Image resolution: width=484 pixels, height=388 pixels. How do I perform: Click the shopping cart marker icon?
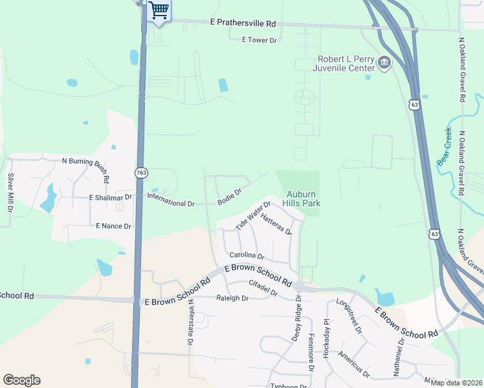(x=159, y=10)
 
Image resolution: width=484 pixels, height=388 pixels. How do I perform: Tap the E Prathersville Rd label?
(x=243, y=23)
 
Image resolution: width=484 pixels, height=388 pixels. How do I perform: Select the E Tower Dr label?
(x=259, y=40)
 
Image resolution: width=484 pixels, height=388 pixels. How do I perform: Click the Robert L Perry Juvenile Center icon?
(x=384, y=63)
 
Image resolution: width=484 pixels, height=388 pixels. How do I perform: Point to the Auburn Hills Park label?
(x=304, y=198)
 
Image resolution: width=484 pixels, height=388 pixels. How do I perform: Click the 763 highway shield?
(x=140, y=173)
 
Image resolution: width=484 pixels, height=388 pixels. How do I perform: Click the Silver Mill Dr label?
(x=10, y=192)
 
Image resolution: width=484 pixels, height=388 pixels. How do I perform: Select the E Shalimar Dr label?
(x=110, y=197)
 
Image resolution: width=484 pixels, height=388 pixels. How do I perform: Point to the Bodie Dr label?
(x=230, y=196)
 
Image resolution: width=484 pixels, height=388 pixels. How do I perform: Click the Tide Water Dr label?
(x=252, y=215)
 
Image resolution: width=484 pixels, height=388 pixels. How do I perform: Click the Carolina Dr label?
(x=247, y=257)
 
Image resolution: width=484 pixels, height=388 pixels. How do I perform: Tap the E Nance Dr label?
(x=113, y=226)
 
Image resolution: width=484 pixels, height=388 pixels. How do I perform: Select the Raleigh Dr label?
(x=232, y=298)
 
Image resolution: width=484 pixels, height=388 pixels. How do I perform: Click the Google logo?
(x=21, y=380)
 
